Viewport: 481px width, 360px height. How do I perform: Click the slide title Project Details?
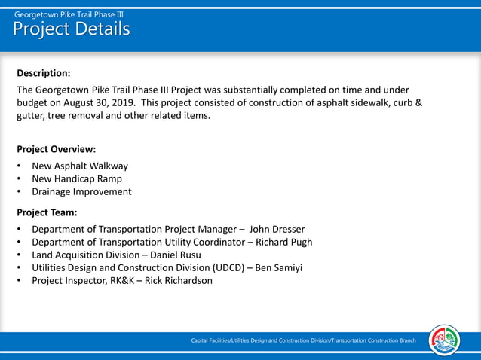coord(71,29)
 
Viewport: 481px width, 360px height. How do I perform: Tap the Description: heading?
coord(44,73)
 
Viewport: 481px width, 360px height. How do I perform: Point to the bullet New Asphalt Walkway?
coord(80,166)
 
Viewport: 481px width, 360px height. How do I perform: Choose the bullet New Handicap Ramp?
coord(77,178)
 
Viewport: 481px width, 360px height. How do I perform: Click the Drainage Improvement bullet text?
coord(81,191)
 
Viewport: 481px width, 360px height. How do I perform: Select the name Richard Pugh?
coord(283,242)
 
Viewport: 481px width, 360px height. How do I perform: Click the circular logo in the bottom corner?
coord(444,340)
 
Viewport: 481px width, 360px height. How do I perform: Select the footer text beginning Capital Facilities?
coord(303,341)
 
